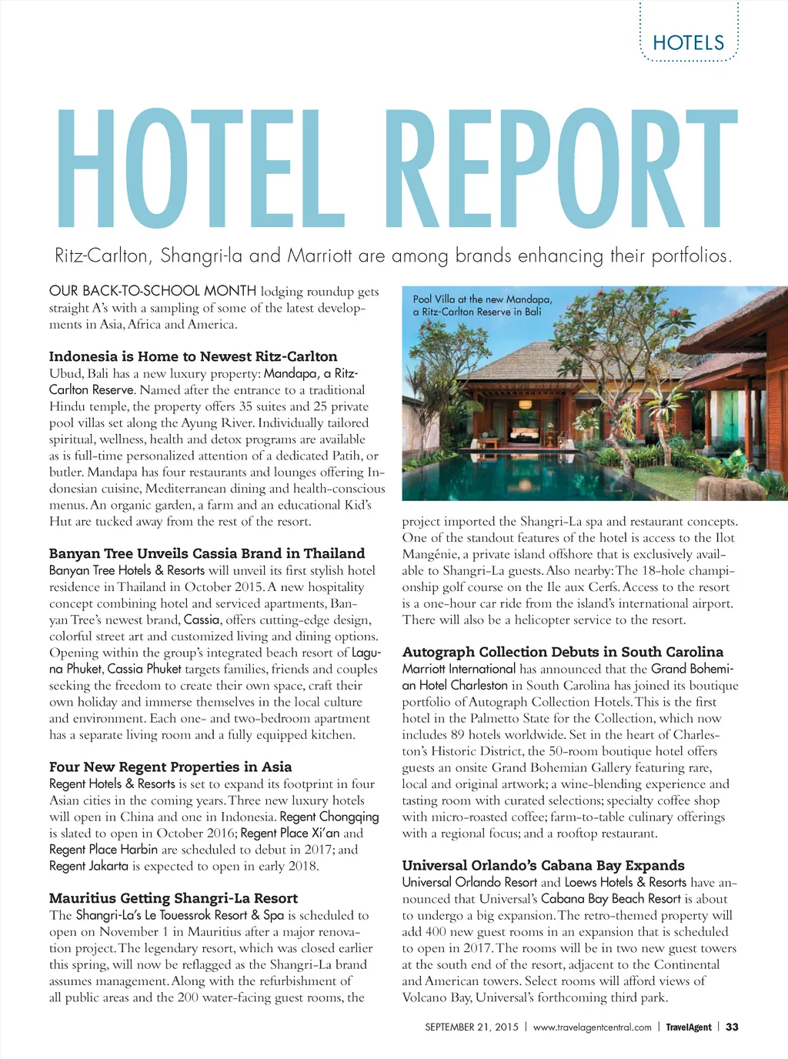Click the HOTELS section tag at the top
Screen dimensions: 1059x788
688,42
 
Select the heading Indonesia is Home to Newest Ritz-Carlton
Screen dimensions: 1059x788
193,356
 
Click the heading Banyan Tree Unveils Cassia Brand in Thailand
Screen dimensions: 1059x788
207,553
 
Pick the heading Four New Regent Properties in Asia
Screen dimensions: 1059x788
170,767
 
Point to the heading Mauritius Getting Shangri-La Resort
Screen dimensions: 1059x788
173,898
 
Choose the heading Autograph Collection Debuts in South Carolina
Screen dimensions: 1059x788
563,652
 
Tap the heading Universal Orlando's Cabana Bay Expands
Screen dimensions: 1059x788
543,865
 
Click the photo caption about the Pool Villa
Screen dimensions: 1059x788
482,306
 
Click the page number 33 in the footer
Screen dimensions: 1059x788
732,1027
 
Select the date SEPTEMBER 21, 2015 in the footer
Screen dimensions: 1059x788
472,1027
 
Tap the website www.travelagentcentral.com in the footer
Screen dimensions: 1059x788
592,1027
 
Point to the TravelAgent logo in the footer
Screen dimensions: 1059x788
689,1027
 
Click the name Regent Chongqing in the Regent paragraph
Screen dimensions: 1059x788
329,817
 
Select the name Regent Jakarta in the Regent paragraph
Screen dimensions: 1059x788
88,866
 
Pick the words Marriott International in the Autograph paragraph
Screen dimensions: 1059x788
459,669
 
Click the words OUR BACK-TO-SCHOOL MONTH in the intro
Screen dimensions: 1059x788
152,291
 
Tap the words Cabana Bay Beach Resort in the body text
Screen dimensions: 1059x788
611,898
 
